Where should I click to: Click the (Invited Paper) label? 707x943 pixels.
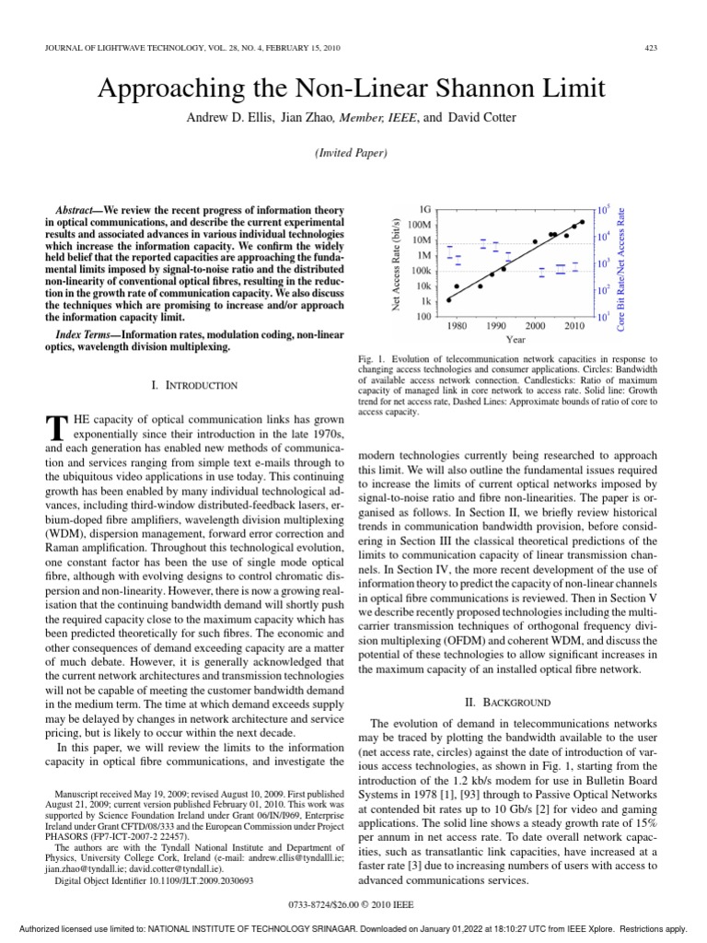coord(353,153)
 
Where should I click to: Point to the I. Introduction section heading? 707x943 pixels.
coord(193,385)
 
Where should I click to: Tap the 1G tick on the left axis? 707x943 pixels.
coord(425,209)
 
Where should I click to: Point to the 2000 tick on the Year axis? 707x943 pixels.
coord(535,326)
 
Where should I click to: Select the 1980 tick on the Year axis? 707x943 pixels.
coord(457,326)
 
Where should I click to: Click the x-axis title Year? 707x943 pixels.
coord(516,339)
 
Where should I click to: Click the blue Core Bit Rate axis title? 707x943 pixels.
coord(621,262)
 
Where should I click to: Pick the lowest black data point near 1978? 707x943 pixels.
coord(448,300)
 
